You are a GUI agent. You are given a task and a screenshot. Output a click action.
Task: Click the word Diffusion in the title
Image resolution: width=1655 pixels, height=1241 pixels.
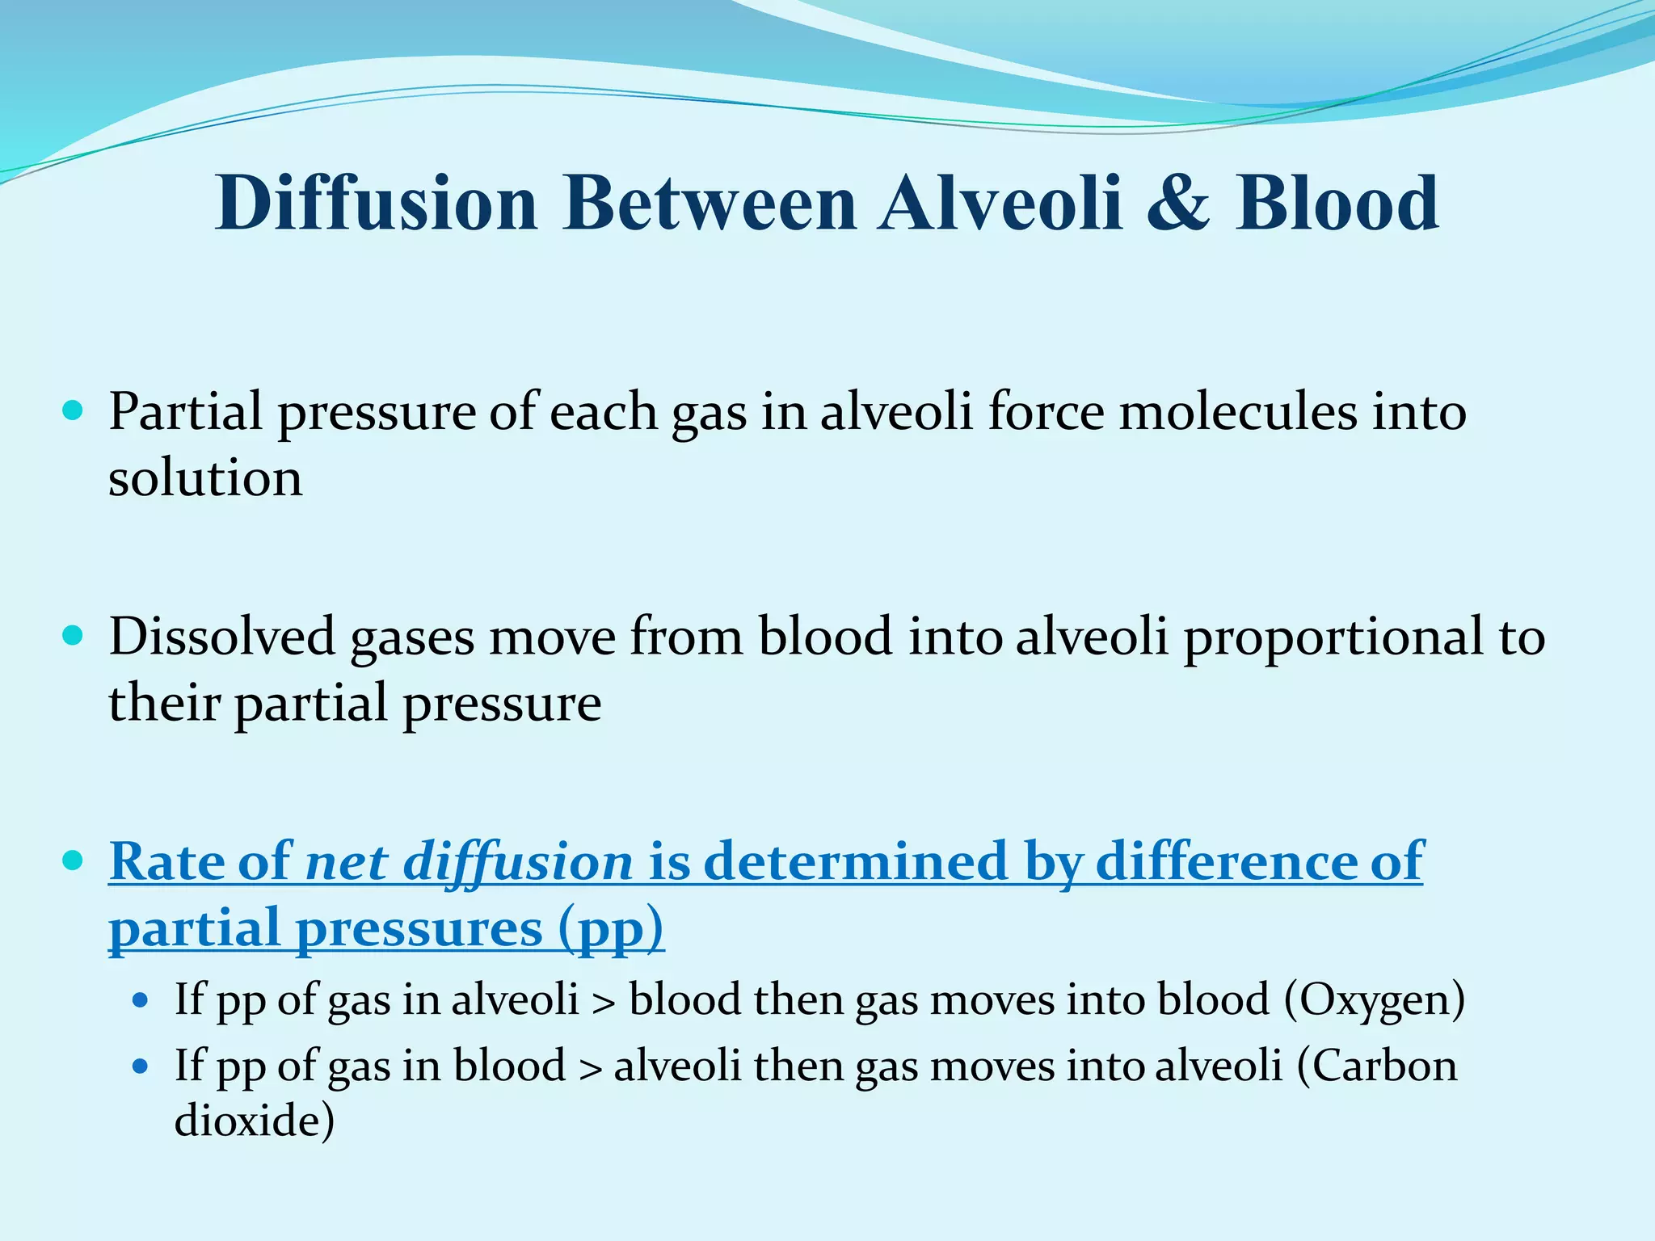[x=376, y=204]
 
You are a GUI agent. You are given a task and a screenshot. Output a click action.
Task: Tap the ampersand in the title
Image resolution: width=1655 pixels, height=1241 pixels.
[x=1177, y=204]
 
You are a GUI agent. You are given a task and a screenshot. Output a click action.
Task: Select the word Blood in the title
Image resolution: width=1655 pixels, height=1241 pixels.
[x=1337, y=204]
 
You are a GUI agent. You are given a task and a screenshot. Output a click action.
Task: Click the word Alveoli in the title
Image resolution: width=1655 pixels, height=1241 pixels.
[x=1001, y=204]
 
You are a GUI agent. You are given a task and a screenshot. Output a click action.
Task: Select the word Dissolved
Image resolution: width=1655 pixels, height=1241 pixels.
[x=222, y=637]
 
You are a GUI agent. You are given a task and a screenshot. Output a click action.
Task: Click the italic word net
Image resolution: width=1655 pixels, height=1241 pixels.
[x=345, y=861]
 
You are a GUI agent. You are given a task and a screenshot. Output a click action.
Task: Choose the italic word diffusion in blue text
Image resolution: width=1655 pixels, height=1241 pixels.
[x=517, y=861]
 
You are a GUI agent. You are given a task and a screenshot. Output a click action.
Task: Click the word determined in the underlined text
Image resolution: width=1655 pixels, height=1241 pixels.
[x=856, y=861]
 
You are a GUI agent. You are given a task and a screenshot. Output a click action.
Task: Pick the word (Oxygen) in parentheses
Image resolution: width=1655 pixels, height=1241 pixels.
[x=1374, y=1000]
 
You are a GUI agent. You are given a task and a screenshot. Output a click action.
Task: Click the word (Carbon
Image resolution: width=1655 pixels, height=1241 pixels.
[x=1377, y=1066]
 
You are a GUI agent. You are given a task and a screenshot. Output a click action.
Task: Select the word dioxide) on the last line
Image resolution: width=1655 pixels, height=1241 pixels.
[x=254, y=1121]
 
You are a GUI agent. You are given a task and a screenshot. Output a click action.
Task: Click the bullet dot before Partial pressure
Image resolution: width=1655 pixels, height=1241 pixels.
[x=73, y=411]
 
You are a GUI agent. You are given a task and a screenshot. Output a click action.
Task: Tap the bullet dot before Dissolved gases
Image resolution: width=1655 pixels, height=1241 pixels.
[x=73, y=636]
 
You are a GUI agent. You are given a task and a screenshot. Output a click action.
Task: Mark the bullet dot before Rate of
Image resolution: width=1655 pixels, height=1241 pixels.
[x=73, y=860]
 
